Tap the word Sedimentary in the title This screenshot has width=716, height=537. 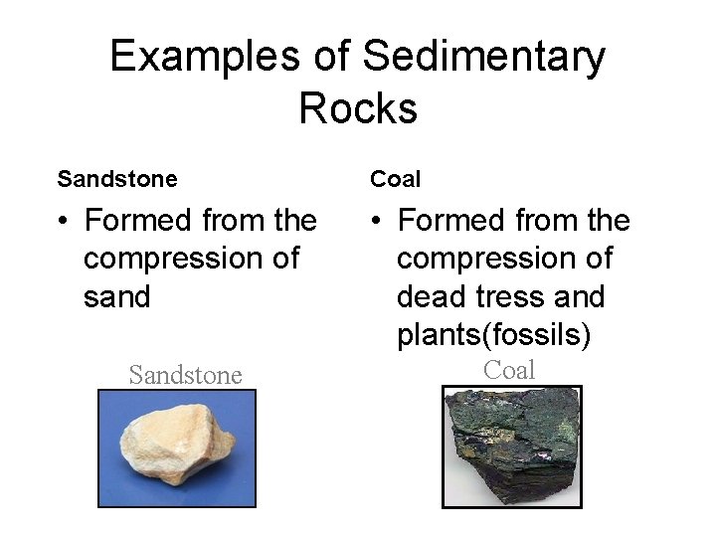484,57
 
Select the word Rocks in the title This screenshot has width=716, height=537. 358,107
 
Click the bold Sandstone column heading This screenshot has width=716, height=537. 117,180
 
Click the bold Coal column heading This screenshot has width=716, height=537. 396,180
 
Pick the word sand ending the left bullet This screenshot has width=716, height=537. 116,297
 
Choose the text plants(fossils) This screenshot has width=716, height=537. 494,336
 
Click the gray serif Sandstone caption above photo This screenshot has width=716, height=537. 185,375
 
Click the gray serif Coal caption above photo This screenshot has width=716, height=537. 509,370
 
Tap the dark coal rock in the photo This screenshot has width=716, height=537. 512,446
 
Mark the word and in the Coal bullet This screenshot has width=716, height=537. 579,297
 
